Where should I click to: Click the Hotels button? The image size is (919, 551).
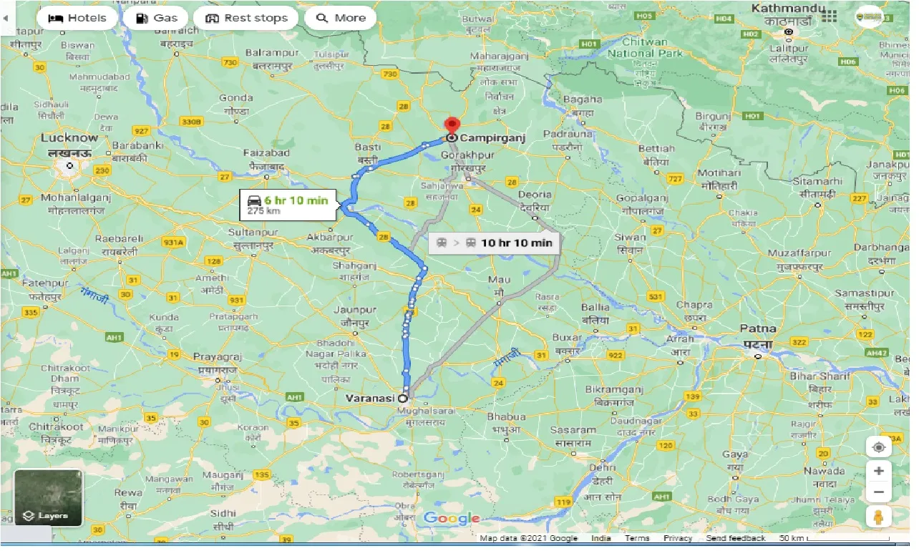[77, 18]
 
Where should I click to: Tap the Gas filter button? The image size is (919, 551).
[155, 18]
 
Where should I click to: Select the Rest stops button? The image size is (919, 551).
[246, 18]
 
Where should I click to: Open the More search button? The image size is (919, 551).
[341, 18]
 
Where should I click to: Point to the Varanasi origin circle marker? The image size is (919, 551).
[403, 398]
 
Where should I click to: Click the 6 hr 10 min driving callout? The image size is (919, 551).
[286, 205]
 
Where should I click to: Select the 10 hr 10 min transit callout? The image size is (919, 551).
[495, 243]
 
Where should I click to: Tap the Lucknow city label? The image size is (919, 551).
[69, 138]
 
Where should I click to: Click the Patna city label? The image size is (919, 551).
[757, 329]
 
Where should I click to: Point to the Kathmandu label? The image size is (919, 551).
[784, 9]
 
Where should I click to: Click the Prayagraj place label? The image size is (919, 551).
[218, 356]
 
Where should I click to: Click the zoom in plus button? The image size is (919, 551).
[879, 470]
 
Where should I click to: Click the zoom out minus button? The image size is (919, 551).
[879, 493]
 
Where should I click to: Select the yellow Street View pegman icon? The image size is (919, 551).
[879, 517]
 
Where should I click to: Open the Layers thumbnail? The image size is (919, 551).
[49, 498]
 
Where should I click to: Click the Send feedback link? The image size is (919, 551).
[735, 538]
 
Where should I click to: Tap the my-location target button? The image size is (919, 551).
[879, 447]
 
